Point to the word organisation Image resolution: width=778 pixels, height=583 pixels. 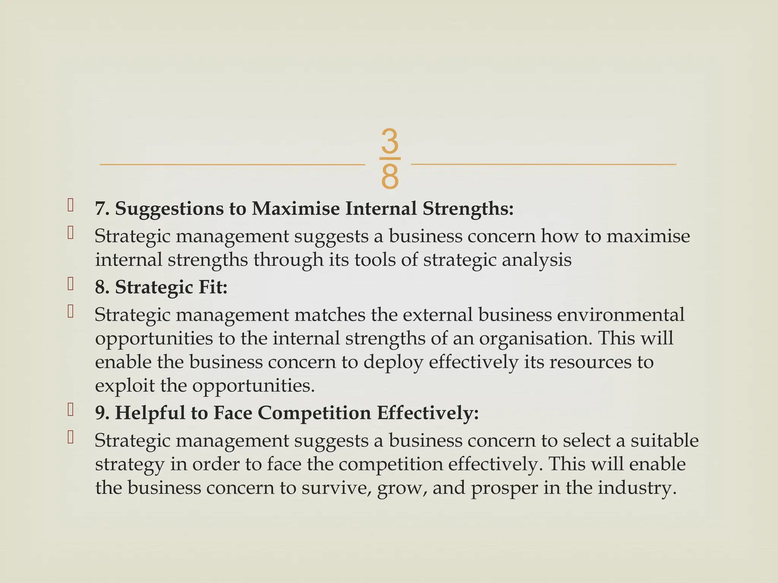[x=535, y=339]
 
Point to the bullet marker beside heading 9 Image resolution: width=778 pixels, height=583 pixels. [x=70, y=410]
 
